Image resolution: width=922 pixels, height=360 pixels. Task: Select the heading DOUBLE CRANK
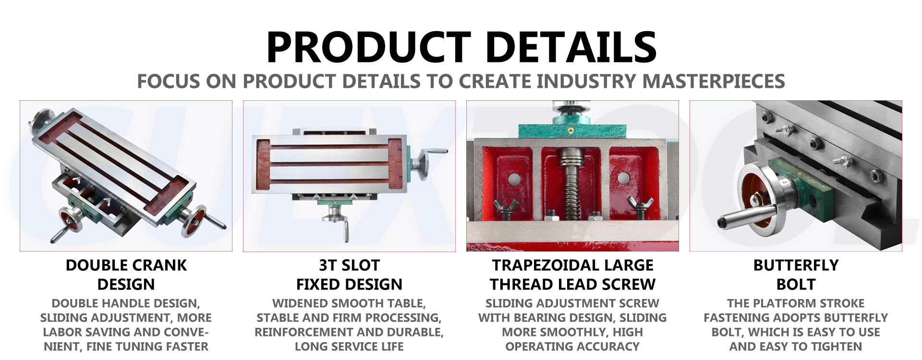pos(126,265)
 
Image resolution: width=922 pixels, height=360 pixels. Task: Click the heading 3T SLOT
pos(349,265)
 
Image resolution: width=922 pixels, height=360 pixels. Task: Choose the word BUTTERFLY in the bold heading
pos(796,265)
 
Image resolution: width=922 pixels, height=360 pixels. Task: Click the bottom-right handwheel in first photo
pos(194,221)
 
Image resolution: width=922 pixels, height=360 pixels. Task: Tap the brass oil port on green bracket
pos(570,129)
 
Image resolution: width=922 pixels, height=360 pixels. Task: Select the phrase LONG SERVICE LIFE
pos(349,347)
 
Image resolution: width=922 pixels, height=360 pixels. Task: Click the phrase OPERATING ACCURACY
pos(572,347)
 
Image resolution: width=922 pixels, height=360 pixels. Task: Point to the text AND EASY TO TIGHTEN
pos(796,347)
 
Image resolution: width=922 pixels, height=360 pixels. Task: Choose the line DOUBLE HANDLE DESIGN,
pos(126,303)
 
